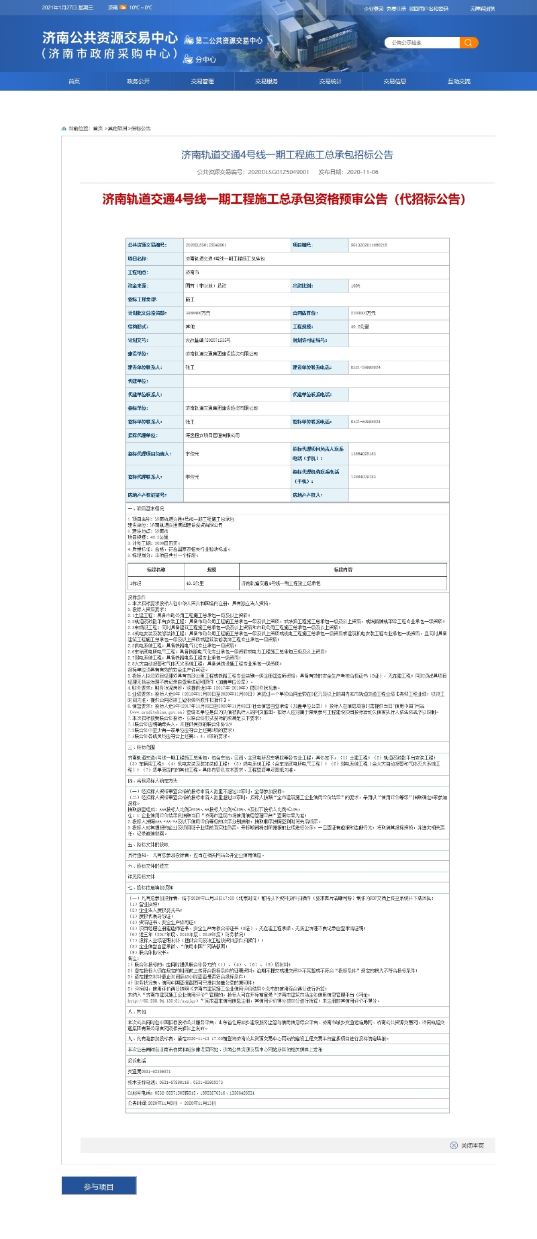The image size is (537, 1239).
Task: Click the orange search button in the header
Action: pyautogui.click(x=469, y=43)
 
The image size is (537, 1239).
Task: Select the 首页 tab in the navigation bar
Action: pyautogui.click(x=74, y=81)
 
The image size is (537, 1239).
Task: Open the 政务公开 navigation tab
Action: pyautogui.click(x=138, y=81)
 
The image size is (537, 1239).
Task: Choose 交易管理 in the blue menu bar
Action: pyautogui.click(x=202, y=81)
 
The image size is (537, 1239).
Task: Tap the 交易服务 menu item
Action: pyautogui.click(x=266, y=81)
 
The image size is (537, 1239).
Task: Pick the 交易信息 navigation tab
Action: pyautogui.click(x=395, y=81)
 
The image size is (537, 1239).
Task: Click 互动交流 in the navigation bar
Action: pyautogui.click(x=459, y=81)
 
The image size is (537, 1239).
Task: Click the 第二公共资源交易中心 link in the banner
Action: pyautogui.click(x=228, y=41)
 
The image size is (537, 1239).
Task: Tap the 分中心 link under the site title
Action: pyautogui.click(x=205, y=60)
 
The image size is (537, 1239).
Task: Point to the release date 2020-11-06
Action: pyautogui.click(x=362, y=172)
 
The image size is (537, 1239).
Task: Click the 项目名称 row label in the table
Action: pyautogui.click(x=138, y=259)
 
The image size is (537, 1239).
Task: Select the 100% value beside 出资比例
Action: pyautogui.click(x=356, y=286)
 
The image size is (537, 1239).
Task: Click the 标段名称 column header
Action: pyautogui.click(x=156, y=569)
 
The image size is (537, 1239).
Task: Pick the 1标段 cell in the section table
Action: pyautogui.click(x=136, y=584)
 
